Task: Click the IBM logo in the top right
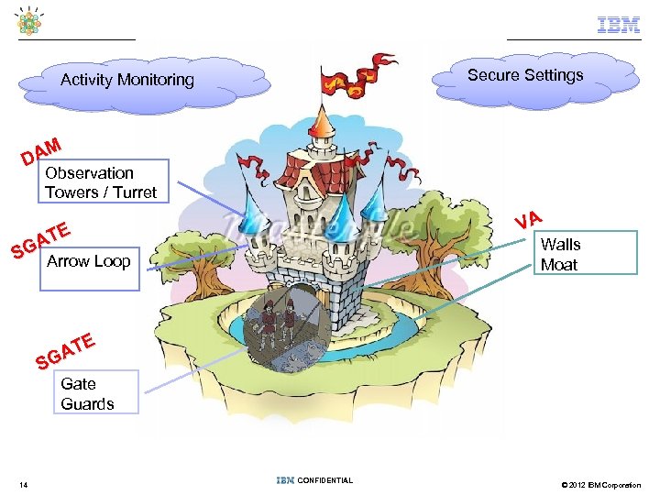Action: coord(619,26)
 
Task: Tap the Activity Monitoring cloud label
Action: coord(127,80)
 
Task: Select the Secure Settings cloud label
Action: coord(525,75)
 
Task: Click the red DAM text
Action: coord(42,151)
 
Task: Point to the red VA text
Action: coord(530,219)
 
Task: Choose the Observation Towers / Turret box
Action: coord(101,182)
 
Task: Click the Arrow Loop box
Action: coord(89,262)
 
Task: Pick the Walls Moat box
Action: coord(585,254)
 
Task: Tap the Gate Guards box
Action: coord(88,393)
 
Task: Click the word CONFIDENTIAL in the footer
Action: coord(325,480)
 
